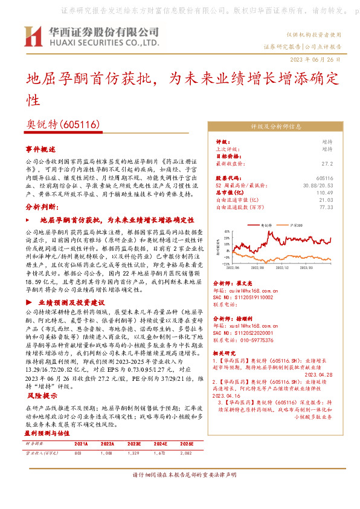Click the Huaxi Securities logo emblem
(33, 37)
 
